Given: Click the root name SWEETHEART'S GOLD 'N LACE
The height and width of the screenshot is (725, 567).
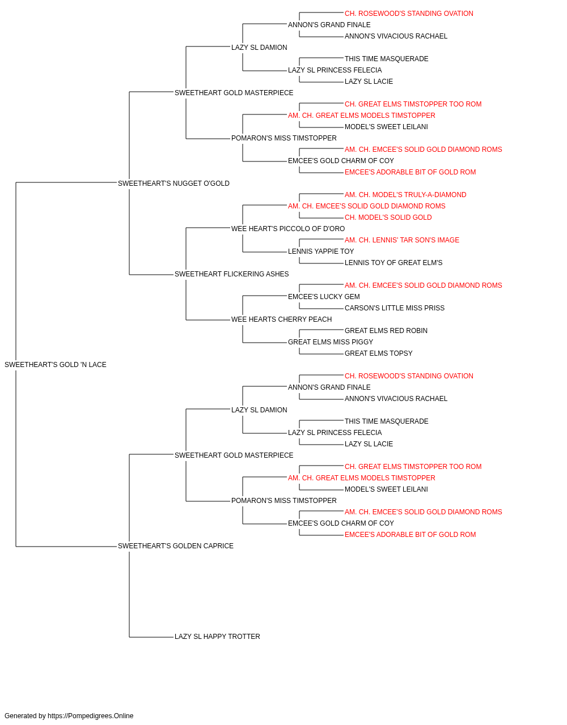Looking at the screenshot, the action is click(x=56, y=365).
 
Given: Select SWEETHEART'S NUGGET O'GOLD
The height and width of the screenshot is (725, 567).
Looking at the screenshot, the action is click(x=174, y=184).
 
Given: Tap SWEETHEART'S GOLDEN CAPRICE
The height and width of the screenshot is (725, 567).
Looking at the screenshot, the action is click(x=176, y=546).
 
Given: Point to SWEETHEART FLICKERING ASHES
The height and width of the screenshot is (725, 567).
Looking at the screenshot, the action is click(x=232, y=274).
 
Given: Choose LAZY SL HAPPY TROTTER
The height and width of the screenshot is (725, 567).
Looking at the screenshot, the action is click(x=217, y=637).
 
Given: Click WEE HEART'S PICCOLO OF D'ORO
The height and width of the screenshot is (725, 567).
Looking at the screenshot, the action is click(x=288, y=229).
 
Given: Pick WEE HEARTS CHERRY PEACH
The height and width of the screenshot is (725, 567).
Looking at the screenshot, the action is click(x=281, y=319).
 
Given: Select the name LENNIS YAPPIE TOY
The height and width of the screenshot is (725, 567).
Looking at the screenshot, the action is click(x=321, y=251).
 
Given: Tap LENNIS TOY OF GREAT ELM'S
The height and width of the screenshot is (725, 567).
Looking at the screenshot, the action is click(x=393, y=263).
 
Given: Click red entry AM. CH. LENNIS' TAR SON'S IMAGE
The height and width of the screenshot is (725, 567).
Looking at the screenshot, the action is click(x=402, y=240).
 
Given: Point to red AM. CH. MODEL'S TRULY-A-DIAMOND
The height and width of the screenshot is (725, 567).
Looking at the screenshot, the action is click(x=405, y=194).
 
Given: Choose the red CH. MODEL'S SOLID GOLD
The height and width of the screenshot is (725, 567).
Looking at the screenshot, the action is click(x=388, y=217).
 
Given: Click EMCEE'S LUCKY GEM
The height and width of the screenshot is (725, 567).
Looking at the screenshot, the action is click(x=324, y=297).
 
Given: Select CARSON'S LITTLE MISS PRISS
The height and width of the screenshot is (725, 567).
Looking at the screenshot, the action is click(x=395, y=308).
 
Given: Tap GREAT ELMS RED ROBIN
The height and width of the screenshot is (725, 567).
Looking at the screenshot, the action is click(x=386, y=331).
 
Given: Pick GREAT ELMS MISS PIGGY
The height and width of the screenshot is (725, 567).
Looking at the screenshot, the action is click(x=331, y=342).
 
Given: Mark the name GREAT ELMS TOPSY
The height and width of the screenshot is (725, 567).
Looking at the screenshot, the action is click(x=379, y=353).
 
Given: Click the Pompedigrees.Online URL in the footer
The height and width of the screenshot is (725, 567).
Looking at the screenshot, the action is click(x=91, y=716).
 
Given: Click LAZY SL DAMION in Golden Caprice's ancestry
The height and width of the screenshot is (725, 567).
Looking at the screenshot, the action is click(x=259, y=410).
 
